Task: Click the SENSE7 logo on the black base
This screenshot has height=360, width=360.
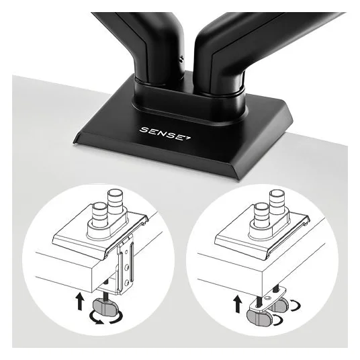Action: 165,134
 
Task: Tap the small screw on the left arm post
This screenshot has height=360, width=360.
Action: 182,59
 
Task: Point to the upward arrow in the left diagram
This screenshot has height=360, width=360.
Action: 80,301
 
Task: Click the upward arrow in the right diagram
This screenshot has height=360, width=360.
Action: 238,304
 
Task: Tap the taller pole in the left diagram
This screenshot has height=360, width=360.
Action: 116,201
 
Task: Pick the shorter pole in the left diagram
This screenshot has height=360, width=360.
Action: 99,214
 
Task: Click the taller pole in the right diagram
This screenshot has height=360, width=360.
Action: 277,201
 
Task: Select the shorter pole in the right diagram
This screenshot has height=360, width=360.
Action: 262,215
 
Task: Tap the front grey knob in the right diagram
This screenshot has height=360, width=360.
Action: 259,317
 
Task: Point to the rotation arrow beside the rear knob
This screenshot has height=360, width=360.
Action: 295,306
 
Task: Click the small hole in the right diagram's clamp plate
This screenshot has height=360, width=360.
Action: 267,298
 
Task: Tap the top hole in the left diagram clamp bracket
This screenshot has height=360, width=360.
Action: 126,253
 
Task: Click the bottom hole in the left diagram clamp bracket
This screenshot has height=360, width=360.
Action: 126,283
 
